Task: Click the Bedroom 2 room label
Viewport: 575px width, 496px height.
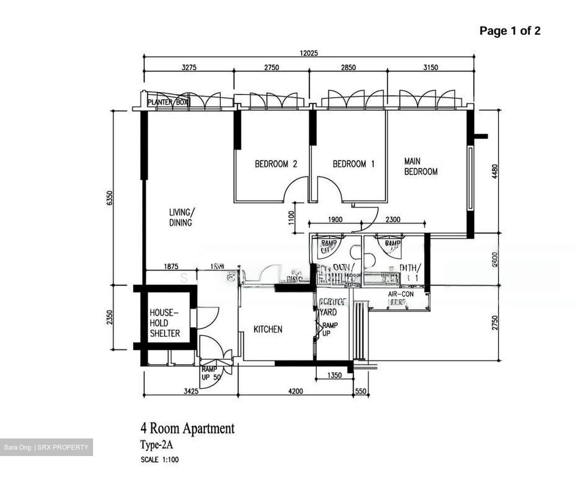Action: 276,164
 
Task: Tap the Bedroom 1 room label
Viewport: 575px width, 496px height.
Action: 353,164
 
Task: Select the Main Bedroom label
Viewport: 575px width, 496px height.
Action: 420,166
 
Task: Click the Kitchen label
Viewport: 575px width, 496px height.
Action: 268,329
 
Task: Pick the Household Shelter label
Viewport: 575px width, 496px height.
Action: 165,323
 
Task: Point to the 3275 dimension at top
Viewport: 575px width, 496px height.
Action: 189,68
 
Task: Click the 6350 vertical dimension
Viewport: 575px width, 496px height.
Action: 110,199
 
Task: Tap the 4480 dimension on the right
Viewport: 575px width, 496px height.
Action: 495,171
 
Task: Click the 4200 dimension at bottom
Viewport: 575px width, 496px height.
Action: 295,391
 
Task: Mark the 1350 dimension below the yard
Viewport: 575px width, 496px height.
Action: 334,375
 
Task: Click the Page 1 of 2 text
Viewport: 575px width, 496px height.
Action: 510,31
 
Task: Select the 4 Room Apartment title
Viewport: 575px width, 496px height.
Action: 187,428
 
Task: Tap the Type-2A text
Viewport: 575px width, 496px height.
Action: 156,445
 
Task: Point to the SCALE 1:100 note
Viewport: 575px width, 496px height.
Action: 160,460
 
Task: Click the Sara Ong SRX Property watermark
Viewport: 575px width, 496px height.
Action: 46,447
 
